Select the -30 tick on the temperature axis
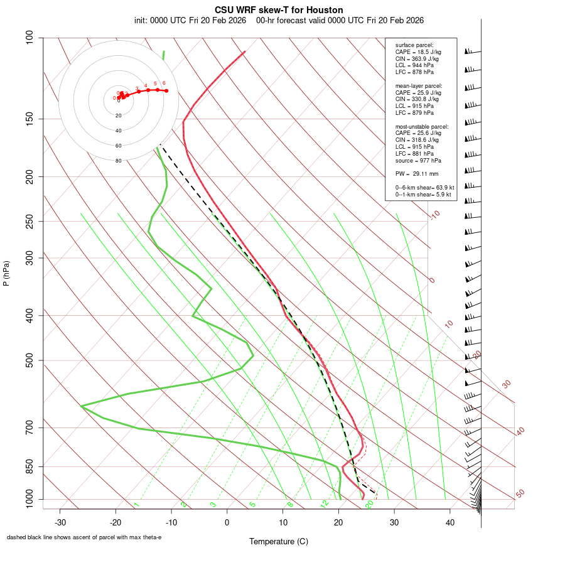60,522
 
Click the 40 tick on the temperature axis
450,522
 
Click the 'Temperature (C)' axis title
278,541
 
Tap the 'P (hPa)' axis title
6,274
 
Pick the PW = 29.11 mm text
416,173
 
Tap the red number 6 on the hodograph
164,83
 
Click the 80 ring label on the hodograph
119,161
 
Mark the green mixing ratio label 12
325,503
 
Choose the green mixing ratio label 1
136,504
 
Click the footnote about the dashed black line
84,537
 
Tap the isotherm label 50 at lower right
520,493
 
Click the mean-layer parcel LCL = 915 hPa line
414,106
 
